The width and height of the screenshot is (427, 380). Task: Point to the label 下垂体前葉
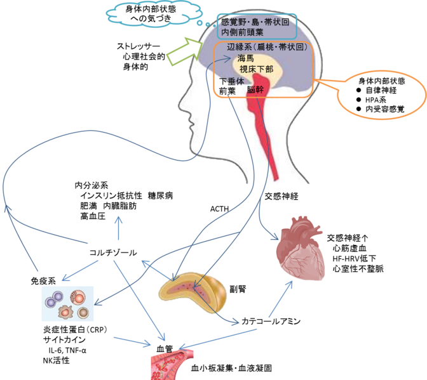tap(231, 86)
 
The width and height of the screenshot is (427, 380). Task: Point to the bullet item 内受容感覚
tap(384, 110)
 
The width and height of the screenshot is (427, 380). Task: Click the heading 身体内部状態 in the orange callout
tap(381, 81)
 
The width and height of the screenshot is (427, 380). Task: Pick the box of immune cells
tap(67, 303)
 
